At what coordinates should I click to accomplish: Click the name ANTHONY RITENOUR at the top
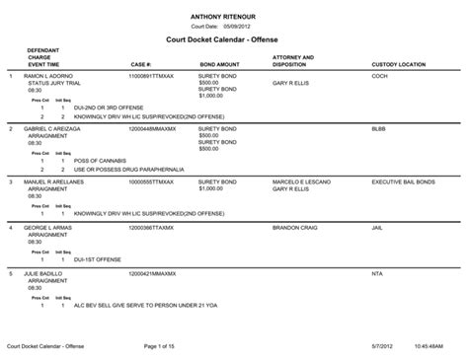[x=233, y=16]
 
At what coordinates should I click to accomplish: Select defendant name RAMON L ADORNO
[x=49, y=76]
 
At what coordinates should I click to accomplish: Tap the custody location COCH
[x=379, y=76]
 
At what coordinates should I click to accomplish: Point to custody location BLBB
[x=378, y=129]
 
